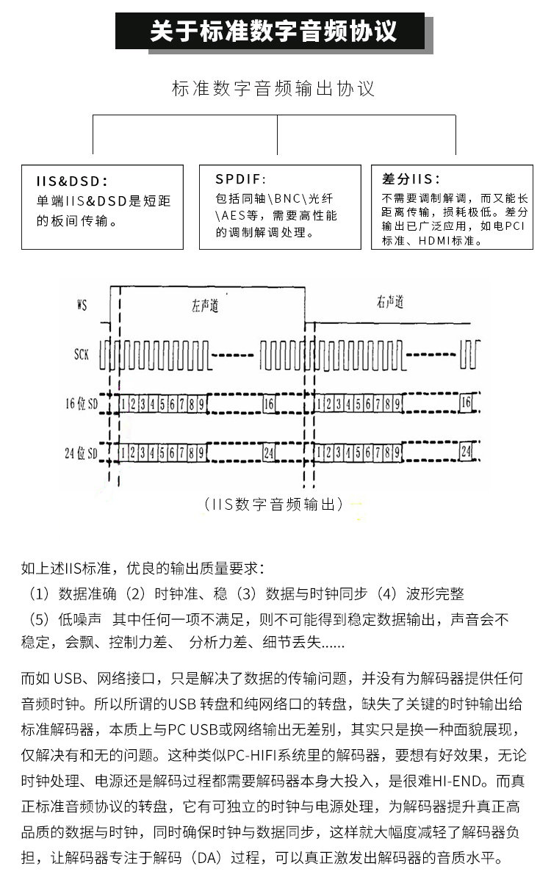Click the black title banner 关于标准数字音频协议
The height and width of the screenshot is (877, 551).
(273, 32)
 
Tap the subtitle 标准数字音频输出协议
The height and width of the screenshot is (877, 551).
(273, 90)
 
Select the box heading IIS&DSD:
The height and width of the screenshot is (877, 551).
(72, 181)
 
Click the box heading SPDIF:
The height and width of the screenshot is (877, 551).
(241, 179)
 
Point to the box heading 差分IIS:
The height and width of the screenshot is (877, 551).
(411, 179)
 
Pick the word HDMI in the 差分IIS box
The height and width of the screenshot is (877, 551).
(439, 240)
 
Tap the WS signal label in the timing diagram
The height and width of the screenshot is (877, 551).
(82, 303)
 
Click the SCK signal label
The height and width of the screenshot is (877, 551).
(82, 354)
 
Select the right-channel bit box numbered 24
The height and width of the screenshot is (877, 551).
(465, 451)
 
